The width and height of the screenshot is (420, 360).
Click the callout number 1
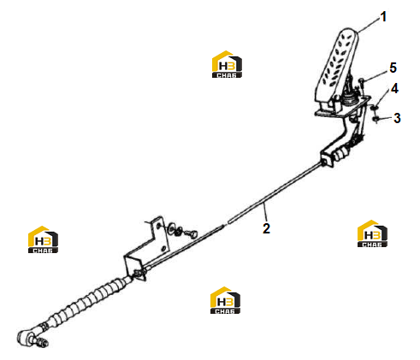(384, 16)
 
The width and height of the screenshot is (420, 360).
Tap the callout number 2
(266, 228)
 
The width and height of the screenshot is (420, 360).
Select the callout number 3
(397, 118)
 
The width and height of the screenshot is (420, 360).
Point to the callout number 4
(394, 89)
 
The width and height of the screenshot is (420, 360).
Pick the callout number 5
(393, 68)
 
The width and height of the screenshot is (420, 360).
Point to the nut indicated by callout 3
(376, 119)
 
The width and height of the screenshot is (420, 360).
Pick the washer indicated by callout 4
(375, 107)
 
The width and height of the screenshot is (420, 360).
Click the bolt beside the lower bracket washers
(192, 233)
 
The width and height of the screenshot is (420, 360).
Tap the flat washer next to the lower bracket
(172, 227)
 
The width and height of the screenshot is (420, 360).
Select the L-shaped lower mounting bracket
(145, 247)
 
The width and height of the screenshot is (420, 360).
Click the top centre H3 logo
(227, 64)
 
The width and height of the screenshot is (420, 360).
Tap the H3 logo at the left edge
(43, 239)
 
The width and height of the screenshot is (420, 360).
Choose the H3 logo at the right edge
(372, 233)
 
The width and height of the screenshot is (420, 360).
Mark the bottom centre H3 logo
(225, 300)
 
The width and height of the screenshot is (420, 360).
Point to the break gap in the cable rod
(226, 224)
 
